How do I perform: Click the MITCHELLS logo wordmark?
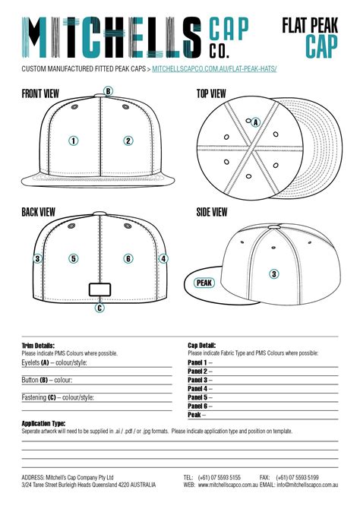(x=110, y=36)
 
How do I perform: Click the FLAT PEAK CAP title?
(x=317, y=36)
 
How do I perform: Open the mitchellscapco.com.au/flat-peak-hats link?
(x=213, y=69)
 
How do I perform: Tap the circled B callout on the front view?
(x=109, y=91)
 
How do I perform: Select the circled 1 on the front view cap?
(x=74, y=141)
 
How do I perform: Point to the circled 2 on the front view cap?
(x=128, y=141)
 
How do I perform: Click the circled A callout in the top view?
(x=255, y=122)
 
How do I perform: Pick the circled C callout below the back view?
(x=99, y=308)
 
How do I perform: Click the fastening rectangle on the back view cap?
(x=100, y=289)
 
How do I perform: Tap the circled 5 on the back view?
(x=74, y=258)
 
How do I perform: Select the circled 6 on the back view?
(x=128, y=258)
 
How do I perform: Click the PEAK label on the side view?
(x=204, y=283)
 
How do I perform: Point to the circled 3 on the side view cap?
(x=274, y=273)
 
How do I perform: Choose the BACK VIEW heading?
(x=38, y=212)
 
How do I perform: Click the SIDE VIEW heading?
(x=212, y=212)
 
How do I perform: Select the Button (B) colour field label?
(x=47, y=380)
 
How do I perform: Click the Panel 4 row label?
(x=198, y=388)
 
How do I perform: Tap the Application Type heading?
(x=43, y=423)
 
